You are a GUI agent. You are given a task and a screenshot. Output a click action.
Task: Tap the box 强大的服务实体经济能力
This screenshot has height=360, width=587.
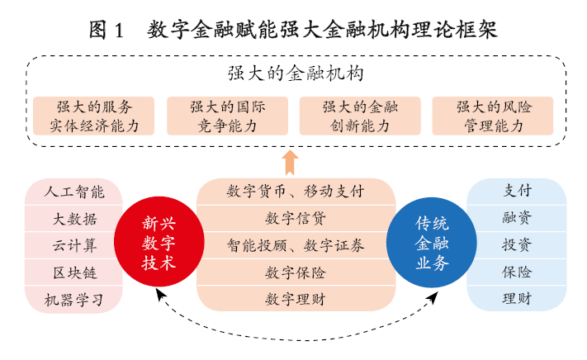pos(94,116)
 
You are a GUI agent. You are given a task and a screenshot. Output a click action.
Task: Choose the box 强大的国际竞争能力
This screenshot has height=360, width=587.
pos(227,116)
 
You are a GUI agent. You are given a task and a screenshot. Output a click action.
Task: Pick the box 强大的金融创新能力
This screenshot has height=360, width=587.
pos(360,116)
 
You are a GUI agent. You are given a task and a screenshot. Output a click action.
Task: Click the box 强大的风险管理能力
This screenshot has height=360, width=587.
pos(493,116)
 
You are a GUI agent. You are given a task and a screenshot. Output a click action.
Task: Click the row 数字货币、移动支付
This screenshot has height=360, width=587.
pos(295,192)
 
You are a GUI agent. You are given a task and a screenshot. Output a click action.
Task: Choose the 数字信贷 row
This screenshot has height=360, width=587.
pos(295,219)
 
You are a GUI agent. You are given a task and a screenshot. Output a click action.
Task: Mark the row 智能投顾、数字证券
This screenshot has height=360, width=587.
pos(295,245)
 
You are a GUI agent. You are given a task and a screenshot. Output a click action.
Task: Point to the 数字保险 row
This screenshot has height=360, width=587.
pos(295,272)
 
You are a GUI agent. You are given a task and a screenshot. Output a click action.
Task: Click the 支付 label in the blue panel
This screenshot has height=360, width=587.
pos(517,192)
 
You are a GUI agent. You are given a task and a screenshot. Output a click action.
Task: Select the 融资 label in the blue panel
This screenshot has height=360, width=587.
pos(517,219)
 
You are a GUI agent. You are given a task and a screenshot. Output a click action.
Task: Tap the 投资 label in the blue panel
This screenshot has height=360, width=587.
pos(517,245)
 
